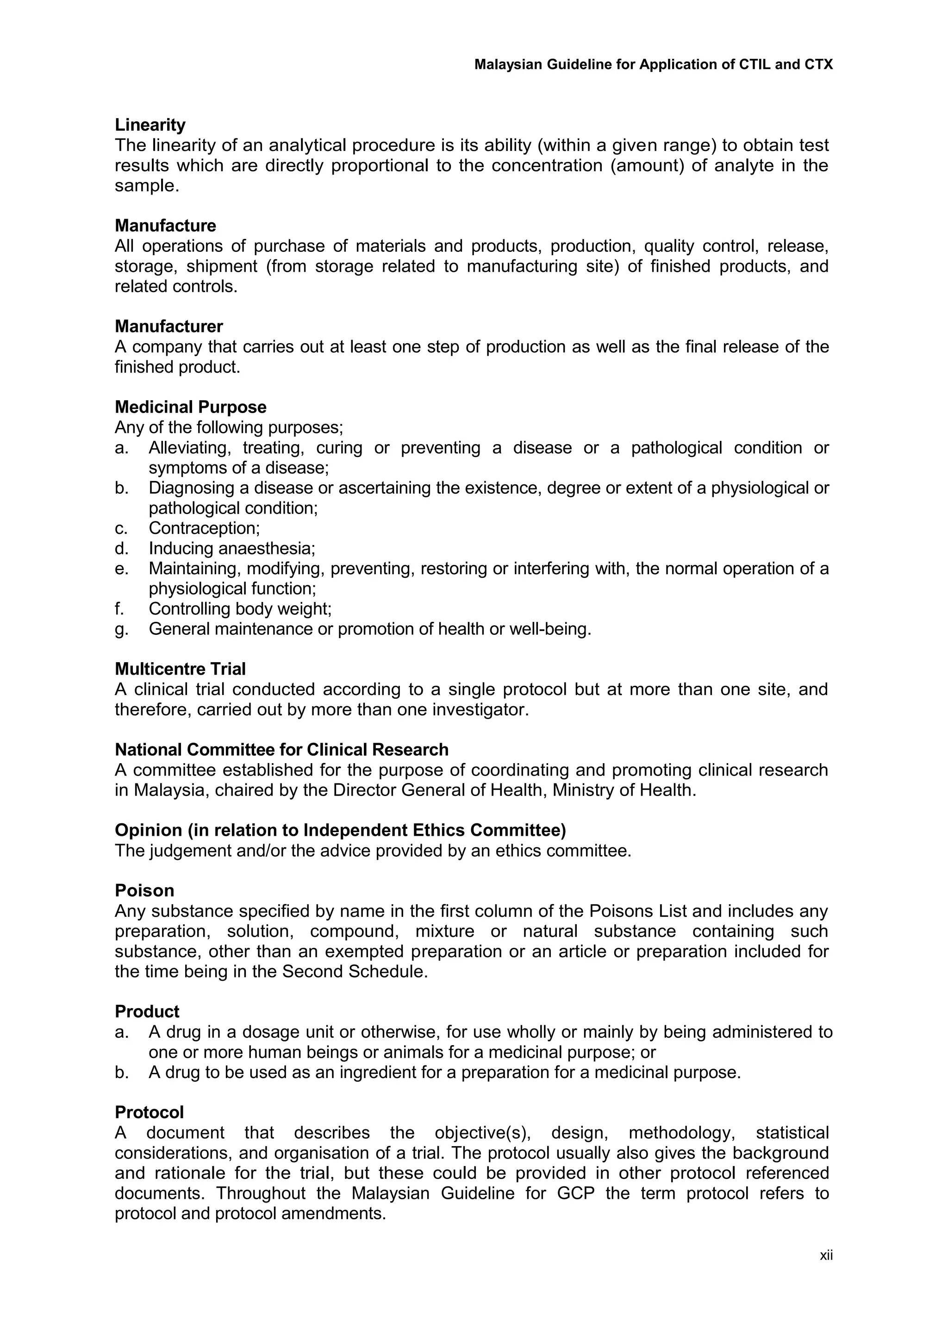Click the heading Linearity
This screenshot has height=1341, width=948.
[x=150, y=125]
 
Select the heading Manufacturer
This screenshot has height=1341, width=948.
[x=168, y=326]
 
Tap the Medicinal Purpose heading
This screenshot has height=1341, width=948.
[x=190, y=407]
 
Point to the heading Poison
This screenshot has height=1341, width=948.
[x=144, y=891]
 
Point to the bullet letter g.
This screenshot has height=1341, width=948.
[x=120, y=629]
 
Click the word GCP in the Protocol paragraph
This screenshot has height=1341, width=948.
[x=575, y=1193]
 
